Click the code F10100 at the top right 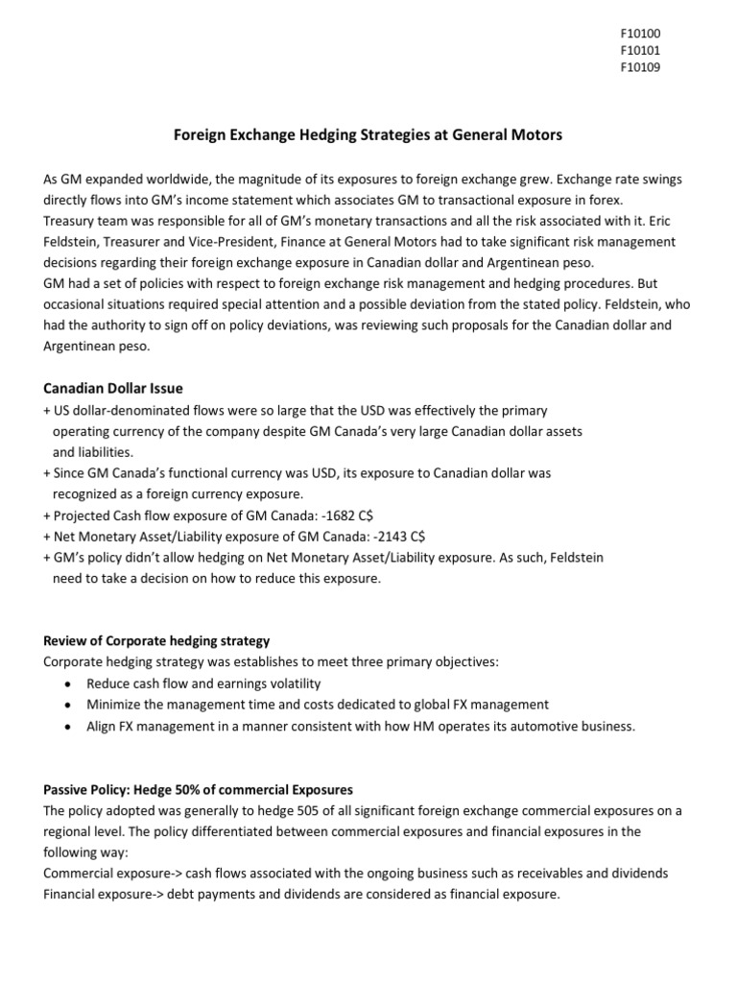coord(640,33)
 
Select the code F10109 coord(640,67)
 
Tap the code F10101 coord(640,50)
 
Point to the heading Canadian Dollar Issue coord(113,388)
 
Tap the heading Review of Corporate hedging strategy coord(156,640)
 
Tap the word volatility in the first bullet coord(292,683)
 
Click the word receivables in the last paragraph coord(546,874)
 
